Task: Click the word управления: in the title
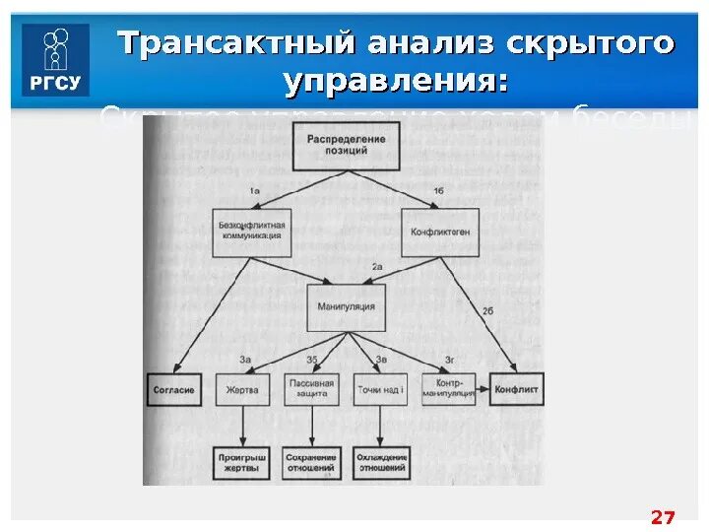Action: click(x=396, y=82)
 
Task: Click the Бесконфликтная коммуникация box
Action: click(x=252, y=232)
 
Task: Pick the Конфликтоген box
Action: click(x=439, y=232)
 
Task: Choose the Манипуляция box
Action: click(x=345, y=307)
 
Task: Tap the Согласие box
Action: click(x=173, y=390)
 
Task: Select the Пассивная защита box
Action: click(x=311, y=390)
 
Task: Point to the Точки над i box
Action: click(x=380, y=390)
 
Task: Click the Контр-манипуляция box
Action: click(x=449, y=390)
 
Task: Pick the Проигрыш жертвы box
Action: click(x=242, y=463)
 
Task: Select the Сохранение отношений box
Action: click(x=311, y=463)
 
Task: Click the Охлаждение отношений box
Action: click(x=380, y=463)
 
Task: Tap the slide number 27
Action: click(x=664, y=517)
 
